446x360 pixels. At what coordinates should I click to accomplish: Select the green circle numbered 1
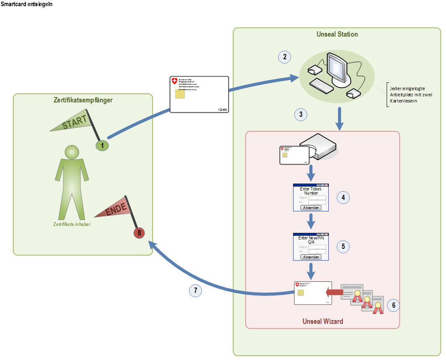(102, 145)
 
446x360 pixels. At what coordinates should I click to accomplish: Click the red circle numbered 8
(139, 233)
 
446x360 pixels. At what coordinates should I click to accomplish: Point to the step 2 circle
(284, 57)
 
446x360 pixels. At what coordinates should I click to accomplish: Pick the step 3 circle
(301, 115)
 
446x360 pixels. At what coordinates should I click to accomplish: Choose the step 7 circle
(195, 290)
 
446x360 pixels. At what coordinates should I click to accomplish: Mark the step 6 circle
(393, 305)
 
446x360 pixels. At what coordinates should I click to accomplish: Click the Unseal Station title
(337, 34)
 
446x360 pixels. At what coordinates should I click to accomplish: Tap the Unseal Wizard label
(323, 321)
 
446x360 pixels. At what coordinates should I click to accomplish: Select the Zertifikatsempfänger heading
(82, 100)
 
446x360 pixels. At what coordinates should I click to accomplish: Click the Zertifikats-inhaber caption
(72, 224)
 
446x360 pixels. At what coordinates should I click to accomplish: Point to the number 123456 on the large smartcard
(222, 110)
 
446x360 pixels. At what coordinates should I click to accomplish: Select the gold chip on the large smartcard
(180, 95)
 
